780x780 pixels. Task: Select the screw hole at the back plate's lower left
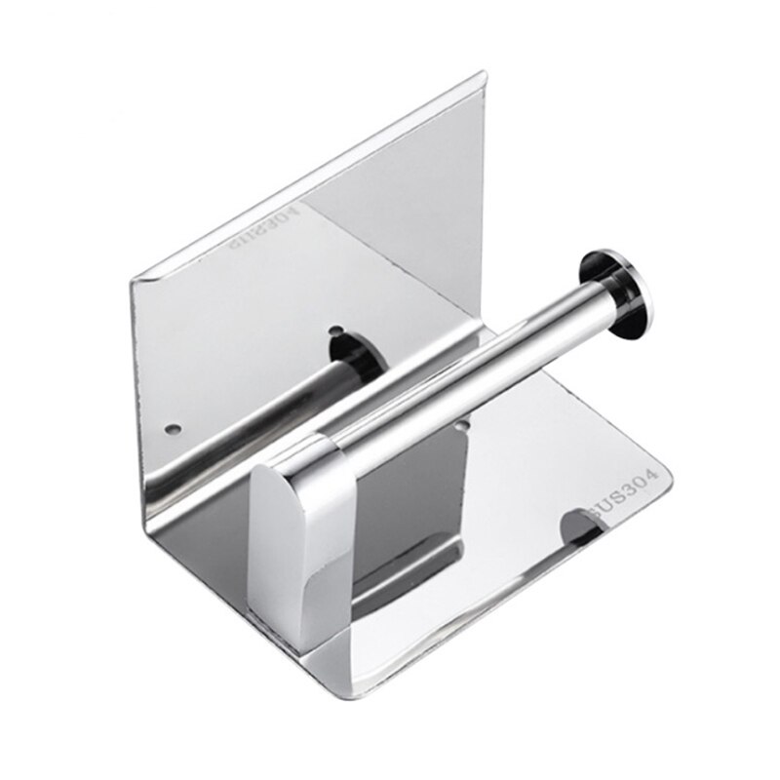tap(173, 428)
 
